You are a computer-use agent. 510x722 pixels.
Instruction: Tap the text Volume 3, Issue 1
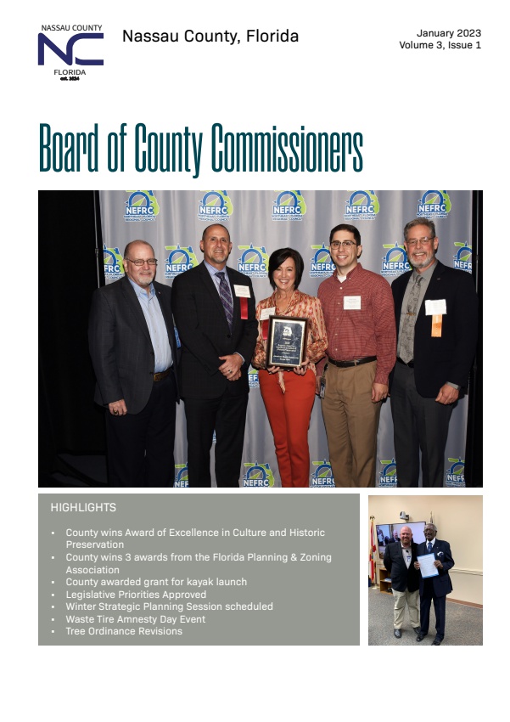click(x=440, y=45)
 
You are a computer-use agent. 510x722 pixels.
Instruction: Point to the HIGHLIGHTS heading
click(x=83, y=508)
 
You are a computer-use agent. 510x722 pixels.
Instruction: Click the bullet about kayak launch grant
click(x=156, y=582)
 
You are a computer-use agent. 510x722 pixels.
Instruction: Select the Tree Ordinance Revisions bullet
click(x=124, y=631)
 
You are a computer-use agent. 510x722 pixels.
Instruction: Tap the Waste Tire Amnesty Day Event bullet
click(x=136, y=619)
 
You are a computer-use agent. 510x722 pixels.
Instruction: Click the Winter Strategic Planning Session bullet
click(x=169, y=606)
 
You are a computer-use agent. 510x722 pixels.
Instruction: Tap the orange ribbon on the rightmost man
click(x=436, y=324)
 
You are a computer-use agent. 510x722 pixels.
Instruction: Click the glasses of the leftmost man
click(x=141, y=262)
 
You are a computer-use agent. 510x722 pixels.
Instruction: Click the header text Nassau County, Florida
click(x=210, y=37)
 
